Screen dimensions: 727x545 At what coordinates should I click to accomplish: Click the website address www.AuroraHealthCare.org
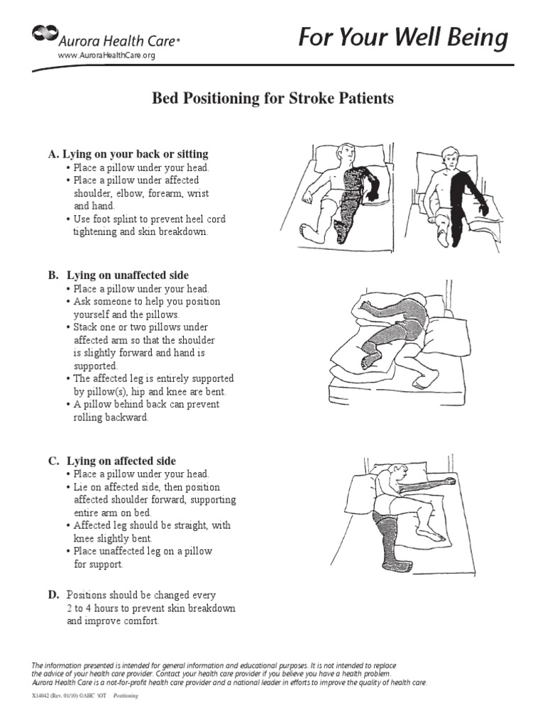[106, 56]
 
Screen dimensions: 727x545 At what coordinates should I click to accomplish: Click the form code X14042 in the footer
[43, 696]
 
